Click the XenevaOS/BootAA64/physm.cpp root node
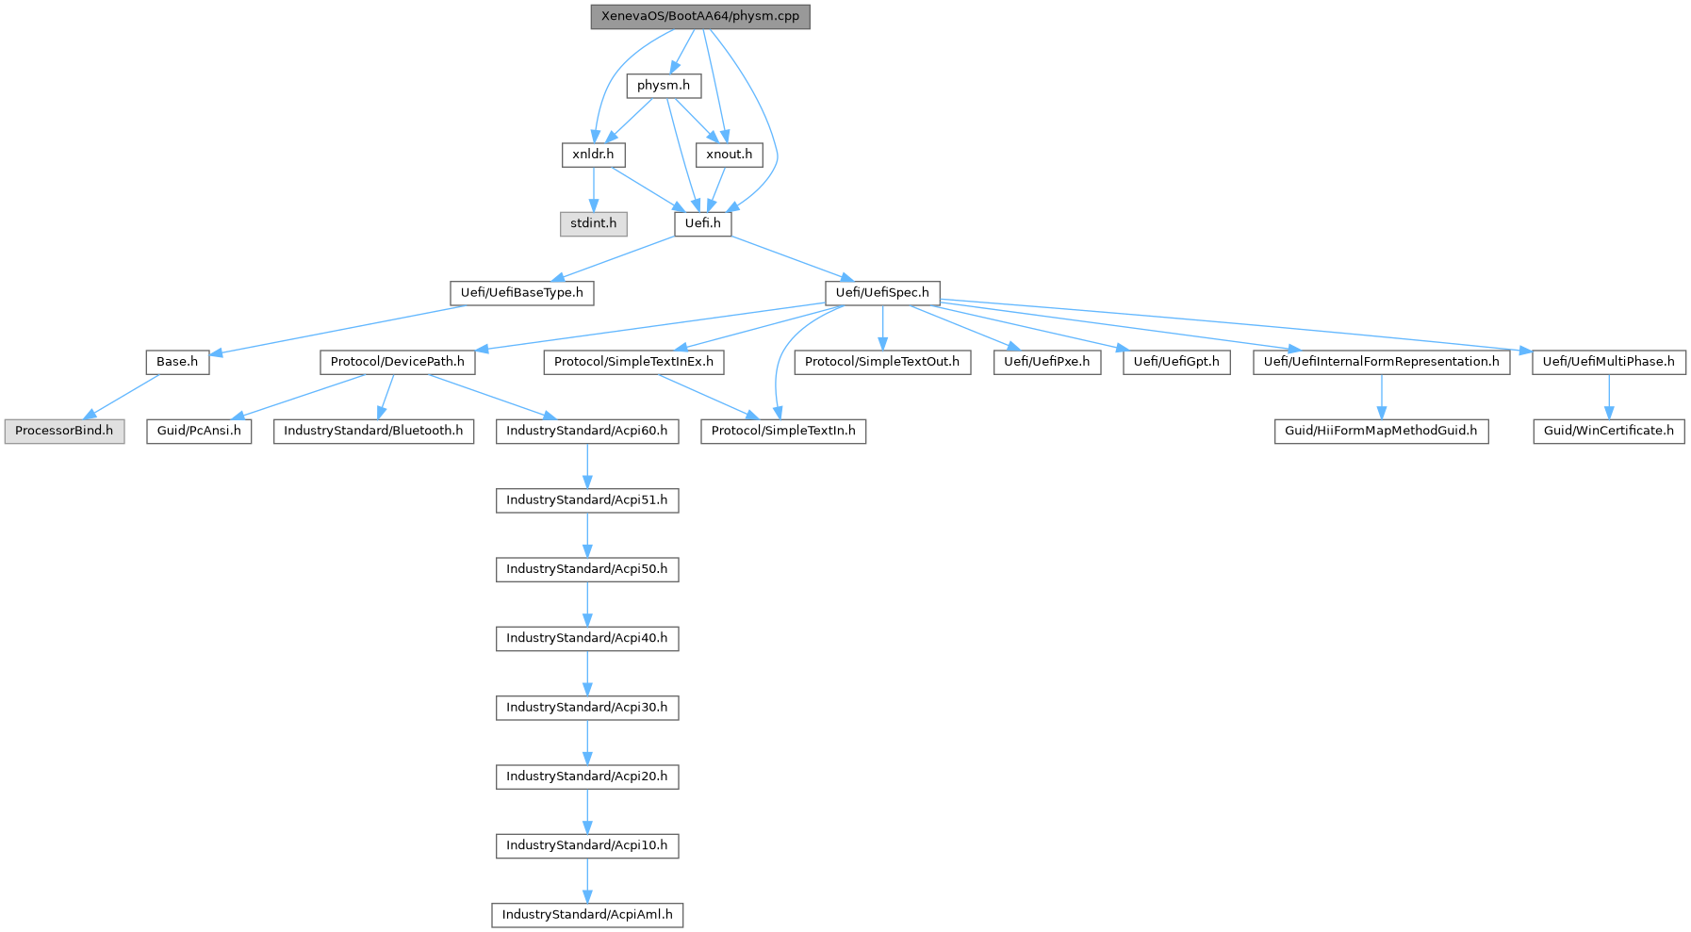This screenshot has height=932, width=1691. tap(699, 17)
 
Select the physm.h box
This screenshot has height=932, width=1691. tap(664, 86)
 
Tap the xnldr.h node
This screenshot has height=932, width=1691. tap(593, 155)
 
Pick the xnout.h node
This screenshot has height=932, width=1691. tap(729, 155)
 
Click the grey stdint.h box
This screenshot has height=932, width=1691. tap(593, 223)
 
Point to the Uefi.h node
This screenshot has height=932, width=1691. tap(702, 223)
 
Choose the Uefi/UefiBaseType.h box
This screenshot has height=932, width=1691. tap(521, 293)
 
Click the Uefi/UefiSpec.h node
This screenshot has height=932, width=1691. tap(881, 293)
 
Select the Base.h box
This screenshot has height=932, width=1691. tap(177, 362)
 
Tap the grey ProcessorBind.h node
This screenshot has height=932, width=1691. tap(64, 431)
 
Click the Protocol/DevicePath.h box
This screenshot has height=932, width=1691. tap(397, 362)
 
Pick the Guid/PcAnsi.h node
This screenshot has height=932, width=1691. tap(198, 431)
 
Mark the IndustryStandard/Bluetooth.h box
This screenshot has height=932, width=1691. tap(373, 431)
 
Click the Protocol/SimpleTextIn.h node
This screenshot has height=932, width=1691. tap(782, 431)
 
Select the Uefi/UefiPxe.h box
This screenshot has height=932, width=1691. tap(1046, 362)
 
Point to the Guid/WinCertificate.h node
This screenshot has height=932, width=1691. tap(1608, 431)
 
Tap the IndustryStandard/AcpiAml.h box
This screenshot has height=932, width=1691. tap(587, 915)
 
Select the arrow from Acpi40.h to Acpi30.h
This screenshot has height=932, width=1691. tap(587, 673)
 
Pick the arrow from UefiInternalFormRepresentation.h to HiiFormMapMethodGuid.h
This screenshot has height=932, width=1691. tap(1381, 396)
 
